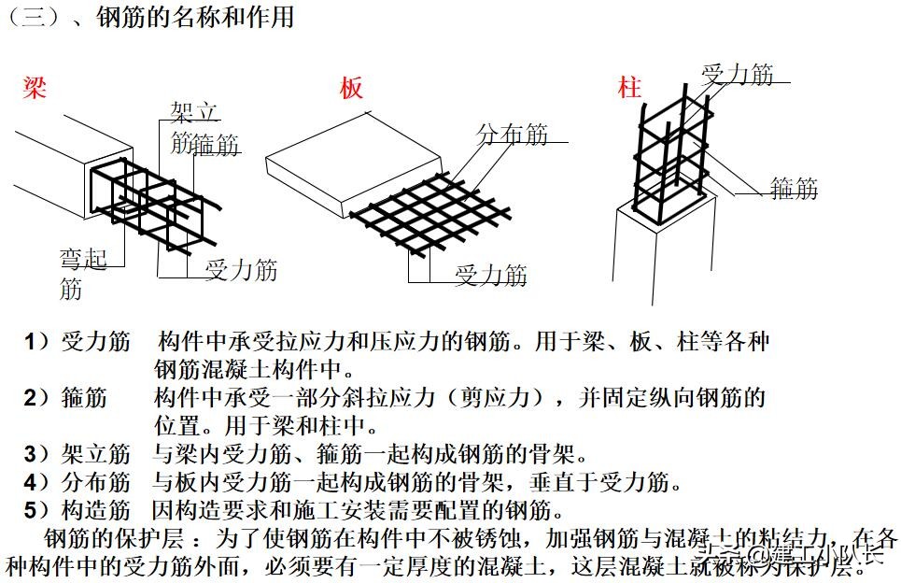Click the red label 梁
coord(35,89)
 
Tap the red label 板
coord(351,89)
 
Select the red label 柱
coord(629,89)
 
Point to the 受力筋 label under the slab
coord(491,275)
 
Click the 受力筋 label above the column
coord(738,75)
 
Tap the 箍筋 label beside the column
coord(795,189)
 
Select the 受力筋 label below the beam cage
coord(242,271)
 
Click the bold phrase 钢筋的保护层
coord(110,540)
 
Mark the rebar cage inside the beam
coord(149,201)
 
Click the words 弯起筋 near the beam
coord(84,274)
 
